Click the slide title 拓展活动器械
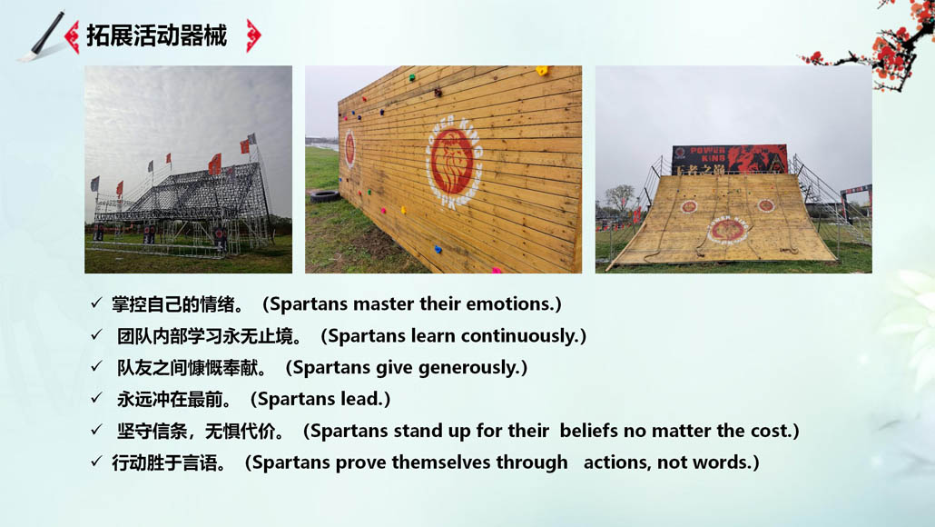coord(157,35)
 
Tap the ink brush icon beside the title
coord(43,36)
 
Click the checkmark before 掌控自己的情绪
coord(96,303)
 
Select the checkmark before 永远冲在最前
coord(96,397)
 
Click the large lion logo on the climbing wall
coord(453,161)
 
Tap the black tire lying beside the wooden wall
coord(324,195)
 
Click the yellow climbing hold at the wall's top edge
coord(542,71)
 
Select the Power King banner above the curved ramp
coord(729,159)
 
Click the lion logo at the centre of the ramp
coord(727,230)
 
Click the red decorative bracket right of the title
coord(253,35)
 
